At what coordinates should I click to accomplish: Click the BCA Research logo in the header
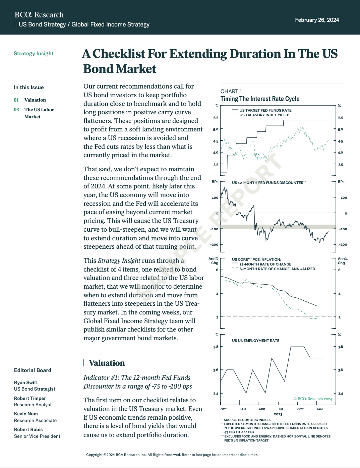coord(39,15)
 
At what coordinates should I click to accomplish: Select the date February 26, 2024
coord(317,20)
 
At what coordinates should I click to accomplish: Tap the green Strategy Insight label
coord(34,54)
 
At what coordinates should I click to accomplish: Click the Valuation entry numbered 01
coord(35,100)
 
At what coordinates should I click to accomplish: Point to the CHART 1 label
coord(231,91)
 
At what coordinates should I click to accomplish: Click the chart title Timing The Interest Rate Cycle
coord(260,99)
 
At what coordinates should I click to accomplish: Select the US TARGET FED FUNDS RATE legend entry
coord(265,110)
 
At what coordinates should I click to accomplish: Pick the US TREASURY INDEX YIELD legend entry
coord(264,115)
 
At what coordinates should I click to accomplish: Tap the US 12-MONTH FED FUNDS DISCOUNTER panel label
coord(268,183)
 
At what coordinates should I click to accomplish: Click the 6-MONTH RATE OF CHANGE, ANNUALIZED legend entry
coord(277,269)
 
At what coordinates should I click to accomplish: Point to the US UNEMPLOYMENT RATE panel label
coord(255,341)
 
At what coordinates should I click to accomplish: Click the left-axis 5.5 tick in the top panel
coord(216,118)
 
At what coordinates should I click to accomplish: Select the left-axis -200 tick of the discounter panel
coord(214,245)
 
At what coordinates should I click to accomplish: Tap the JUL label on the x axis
coord(281,409)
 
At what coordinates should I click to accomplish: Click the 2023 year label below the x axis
coord(278,414)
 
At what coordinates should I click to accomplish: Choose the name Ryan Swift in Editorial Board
coord(26,383)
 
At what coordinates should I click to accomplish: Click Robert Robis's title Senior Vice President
coord(37,436)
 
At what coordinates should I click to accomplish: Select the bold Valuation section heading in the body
coord(107,363)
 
